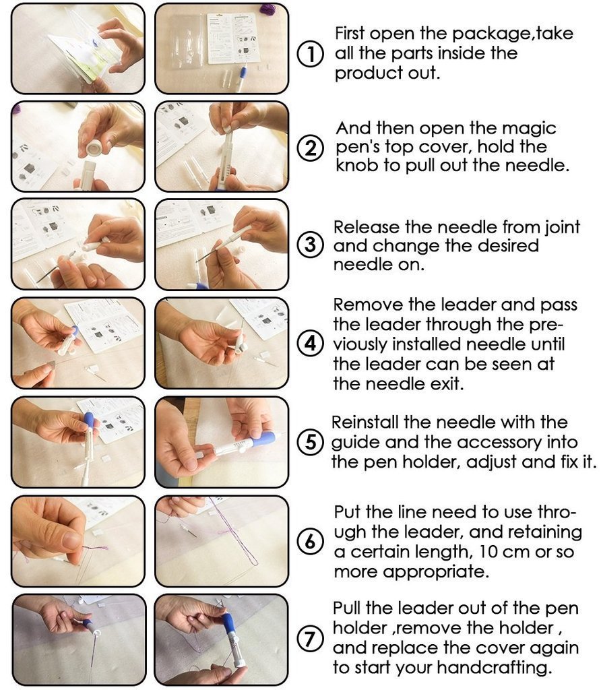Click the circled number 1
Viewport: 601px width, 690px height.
point(310,53)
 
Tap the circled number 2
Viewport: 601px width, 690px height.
point(310,148)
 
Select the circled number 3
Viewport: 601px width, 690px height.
point(310,245)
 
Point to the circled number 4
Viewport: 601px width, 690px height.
point(310,344)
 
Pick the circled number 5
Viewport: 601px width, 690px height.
point(310,442)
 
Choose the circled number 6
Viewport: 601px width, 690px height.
point(310,541)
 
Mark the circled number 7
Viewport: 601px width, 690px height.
point(310,639)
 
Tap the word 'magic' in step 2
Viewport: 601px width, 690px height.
point(528,128)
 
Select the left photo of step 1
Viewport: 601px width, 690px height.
point(77,49)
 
